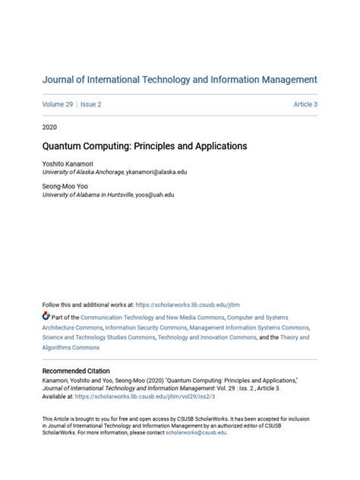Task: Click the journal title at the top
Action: (x=179, y=79)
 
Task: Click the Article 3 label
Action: (x=305, y=104)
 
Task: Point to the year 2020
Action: (x=50, y=127)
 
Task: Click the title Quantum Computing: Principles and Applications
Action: (x=144, y=145)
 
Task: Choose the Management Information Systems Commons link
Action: (x=249, y=327)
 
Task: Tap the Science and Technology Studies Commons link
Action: (x=98, y=337)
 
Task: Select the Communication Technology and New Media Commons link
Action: (x=134, y=316)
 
